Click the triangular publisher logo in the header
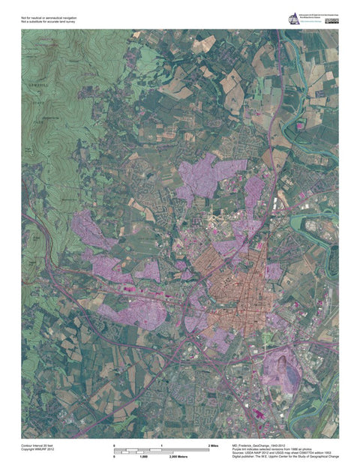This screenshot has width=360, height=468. click(294, 19)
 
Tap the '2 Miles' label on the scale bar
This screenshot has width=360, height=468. click(214, 445)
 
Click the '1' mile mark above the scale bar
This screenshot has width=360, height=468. click(161, 445)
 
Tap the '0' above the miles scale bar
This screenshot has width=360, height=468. click(114, 445)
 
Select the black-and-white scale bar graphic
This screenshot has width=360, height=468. click(161, 451)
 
